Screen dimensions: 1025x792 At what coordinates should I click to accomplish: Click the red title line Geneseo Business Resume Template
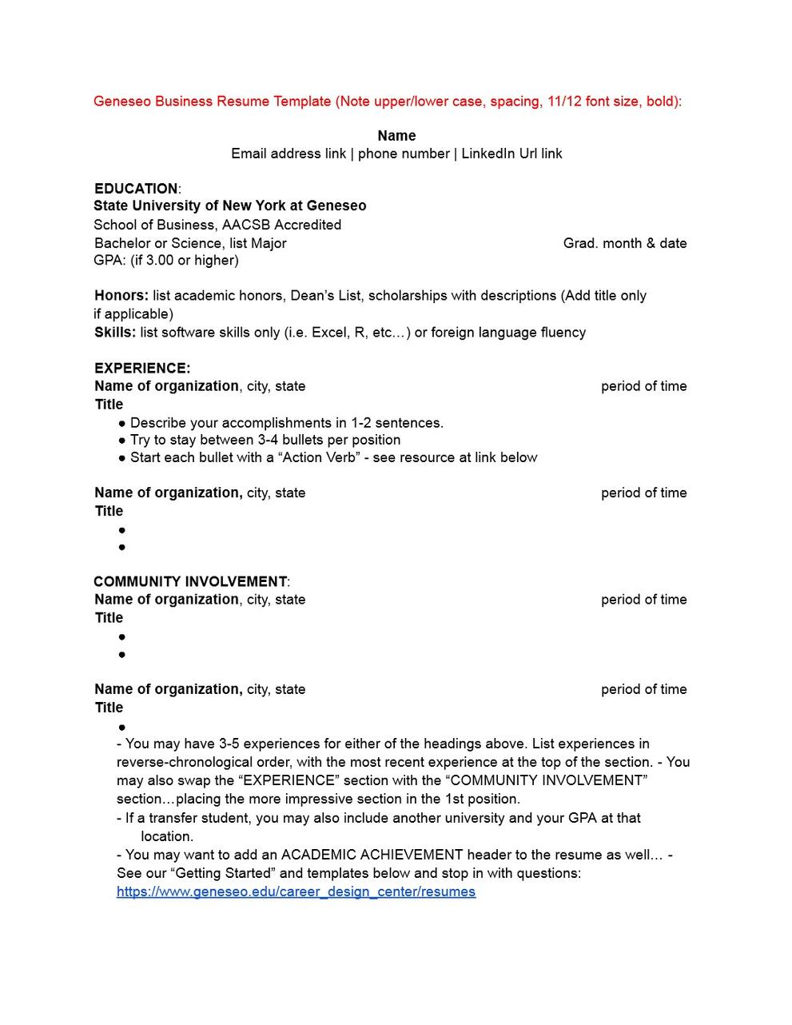tap(387, 102)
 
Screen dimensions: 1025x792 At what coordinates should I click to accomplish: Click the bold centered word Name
tap(396, 136)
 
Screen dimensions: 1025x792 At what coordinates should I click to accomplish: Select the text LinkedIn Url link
tap(511, 154)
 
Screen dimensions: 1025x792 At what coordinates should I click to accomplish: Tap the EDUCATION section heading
tap(136, 189)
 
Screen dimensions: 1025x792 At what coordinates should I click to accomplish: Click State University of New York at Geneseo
tap(230, 205)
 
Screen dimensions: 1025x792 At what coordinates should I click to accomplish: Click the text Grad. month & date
tap(624, 243)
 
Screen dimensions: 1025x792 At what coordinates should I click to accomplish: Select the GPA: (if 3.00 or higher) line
tap(166, 260)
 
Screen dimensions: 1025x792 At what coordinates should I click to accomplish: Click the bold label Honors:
tap(121, 296)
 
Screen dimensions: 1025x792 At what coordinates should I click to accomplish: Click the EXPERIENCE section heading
tap(142, 369)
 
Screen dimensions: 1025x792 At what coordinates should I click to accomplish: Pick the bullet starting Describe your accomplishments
tap(286, 423)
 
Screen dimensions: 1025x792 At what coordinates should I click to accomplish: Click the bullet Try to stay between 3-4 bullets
tap(265, 440)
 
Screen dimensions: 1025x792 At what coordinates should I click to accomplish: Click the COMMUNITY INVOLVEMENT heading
tap(190, 581)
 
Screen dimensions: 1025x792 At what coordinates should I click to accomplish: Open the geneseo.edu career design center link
tap(296, 891)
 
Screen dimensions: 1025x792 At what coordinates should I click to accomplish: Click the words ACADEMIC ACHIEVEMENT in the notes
tap(372, 855)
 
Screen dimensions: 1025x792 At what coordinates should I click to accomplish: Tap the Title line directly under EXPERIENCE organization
tap(109, 405)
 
